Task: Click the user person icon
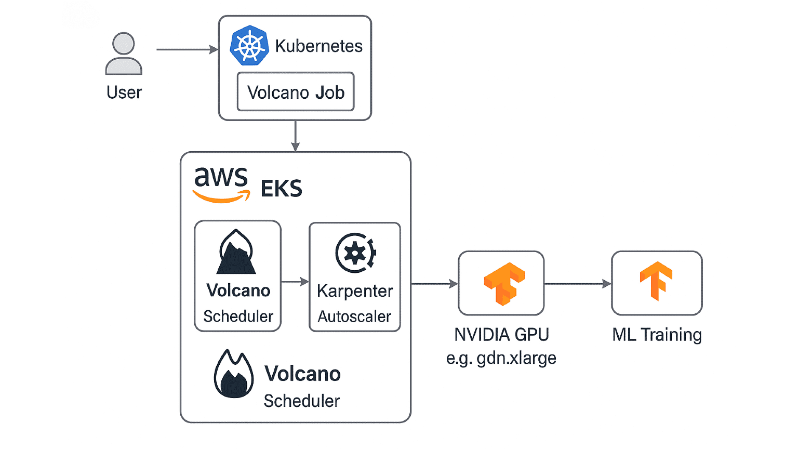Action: click(124, 54)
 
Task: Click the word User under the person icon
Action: click(124, 93)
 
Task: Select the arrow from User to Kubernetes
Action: click(187, 50)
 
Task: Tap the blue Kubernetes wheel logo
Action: click(249, 46)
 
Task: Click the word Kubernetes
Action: click(318, 46)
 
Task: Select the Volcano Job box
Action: click(295, 92)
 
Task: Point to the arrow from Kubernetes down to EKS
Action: click(295, 136)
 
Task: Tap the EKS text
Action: click(281, 189)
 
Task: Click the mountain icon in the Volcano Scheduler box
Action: click(236, 253)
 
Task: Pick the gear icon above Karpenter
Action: click(355, 253)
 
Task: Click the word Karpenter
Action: click(355, 291)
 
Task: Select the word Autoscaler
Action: click(354, 316)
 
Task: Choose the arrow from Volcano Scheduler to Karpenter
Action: click(295, 282)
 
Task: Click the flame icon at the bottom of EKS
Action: click(234, 374)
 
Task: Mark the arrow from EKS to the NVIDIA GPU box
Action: click(434, 284)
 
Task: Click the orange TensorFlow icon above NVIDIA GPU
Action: click(503, 283)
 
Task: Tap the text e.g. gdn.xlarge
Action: click(501, 358)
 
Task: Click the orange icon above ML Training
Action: click(656, 281)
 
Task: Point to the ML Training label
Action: click(657, 335)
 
